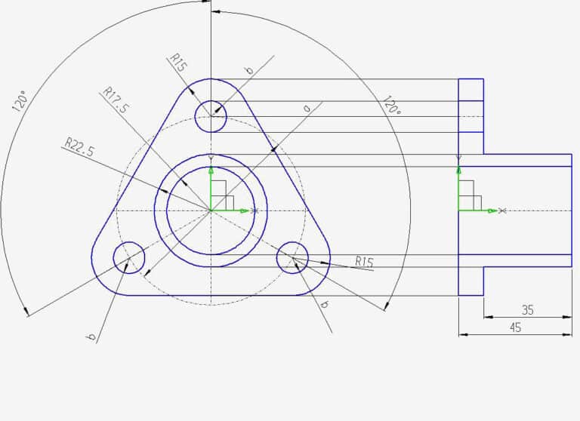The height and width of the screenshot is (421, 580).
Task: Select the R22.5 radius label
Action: tap(79, 146)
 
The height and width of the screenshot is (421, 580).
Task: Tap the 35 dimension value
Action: tap(528, 309)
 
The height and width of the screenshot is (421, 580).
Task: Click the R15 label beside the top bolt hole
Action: tap(178, 62)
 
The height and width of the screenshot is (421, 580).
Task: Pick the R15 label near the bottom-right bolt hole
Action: tap(364, 262)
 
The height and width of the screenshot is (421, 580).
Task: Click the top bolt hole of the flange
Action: tap(211, 116)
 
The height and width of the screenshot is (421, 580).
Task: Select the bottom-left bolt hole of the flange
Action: tap(129, 257)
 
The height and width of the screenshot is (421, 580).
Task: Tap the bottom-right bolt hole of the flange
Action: tap(292, 258)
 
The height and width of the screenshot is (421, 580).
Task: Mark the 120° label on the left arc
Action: tap(20, 102)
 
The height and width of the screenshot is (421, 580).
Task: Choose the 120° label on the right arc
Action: tap(391, 105)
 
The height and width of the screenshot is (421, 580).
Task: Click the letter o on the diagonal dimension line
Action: tap(306, 109)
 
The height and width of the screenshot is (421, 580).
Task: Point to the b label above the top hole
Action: tap(248, 70)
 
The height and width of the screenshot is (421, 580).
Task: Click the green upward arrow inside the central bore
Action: tap(211, 174)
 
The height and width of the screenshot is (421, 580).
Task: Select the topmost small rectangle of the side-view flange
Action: tap(470, 89)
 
